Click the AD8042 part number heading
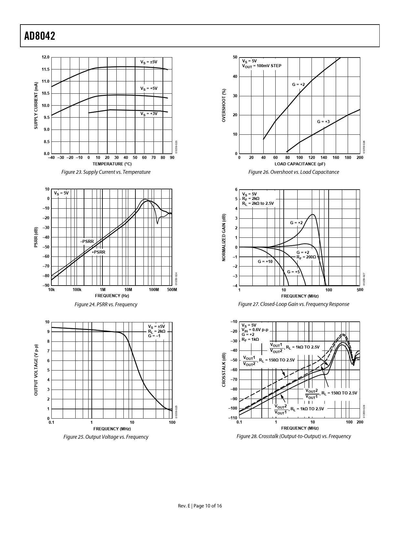(40, 36)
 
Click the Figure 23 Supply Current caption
(106, 172)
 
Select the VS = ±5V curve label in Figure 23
(149, 62)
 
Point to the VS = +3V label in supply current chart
(149, 114)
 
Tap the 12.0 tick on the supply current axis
(46, 57)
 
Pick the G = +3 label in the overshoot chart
(323, 122)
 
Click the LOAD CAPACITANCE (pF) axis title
(300, 164)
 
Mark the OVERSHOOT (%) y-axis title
(224, 106)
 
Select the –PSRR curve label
(87, 241)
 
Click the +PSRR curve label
(98, 252)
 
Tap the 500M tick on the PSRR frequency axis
(172, 290)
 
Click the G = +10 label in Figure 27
(265, 261)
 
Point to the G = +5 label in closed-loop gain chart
(293, 272)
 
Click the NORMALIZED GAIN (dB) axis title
(224, 237)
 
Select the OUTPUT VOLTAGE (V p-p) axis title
(36, 370)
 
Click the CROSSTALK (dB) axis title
(224, 370)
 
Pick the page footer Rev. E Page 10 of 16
(200, 506)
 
